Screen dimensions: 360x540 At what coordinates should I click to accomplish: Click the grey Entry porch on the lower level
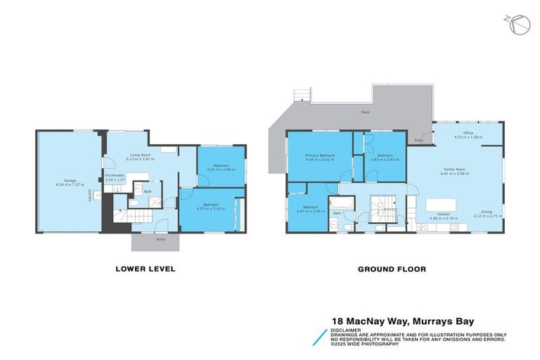(155, 241)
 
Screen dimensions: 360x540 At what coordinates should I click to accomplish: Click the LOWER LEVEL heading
(145, 269)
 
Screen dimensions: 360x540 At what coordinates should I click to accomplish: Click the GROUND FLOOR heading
(392, 269)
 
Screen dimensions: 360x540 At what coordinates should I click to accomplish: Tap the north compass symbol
(518, 25)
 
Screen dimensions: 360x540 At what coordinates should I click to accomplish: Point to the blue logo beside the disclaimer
(319, 335)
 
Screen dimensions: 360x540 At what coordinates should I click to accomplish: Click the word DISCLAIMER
(346, 329)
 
